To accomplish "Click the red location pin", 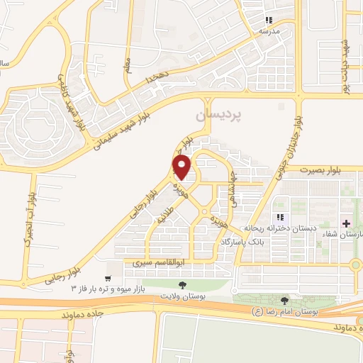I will coord(182,168).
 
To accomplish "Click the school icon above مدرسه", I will coord(269,21).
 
